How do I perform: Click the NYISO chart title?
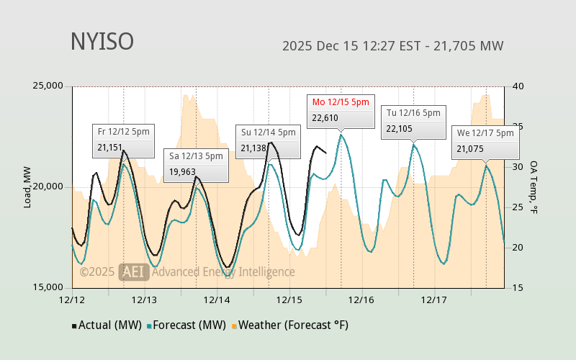[102, 42]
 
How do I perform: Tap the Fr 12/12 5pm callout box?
[124, 140]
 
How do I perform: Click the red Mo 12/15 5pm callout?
[341, 111]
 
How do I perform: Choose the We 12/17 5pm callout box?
[485, 142]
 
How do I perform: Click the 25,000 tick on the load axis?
[50, 86]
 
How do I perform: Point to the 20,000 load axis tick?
[50, 187]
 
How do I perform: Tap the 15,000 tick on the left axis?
[50, 287]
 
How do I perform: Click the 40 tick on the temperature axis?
[517, 86]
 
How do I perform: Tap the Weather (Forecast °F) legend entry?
[289, 325]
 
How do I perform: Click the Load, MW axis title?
[27, 187]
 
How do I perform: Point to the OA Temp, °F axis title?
[534, 187]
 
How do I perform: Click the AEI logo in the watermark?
[133, 271]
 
